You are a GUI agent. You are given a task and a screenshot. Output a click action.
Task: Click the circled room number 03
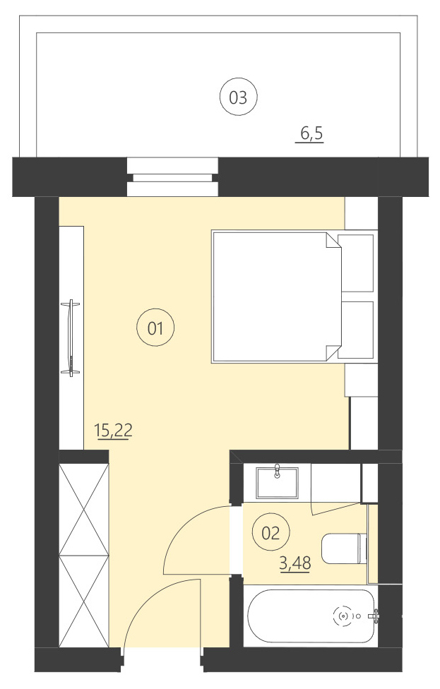(x=238, y=97)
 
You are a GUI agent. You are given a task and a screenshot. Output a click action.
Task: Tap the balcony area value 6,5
(x=309, y=133)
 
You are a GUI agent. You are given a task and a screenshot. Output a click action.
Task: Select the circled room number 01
(x=155, y=328)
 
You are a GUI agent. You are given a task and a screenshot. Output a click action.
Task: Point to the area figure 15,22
(x=113, y=430)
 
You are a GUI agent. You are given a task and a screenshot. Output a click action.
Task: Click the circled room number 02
(x=271, y=533)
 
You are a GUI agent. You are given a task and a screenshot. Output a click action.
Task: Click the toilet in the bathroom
(x=344, y=549)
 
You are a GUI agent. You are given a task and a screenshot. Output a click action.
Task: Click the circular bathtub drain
(x=344, y=616)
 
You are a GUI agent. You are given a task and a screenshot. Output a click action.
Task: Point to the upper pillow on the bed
(x=357, y=263)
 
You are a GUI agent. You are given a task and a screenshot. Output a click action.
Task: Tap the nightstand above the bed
(x=361, y=213)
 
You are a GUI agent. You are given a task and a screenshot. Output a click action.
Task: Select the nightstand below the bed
(x=361, y=381)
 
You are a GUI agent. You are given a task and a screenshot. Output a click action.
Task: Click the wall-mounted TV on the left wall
(x=70, y=337)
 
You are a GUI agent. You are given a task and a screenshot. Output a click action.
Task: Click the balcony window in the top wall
(x=172, y=176)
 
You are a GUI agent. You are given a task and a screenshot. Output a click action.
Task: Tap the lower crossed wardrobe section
(x=84, y=601)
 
